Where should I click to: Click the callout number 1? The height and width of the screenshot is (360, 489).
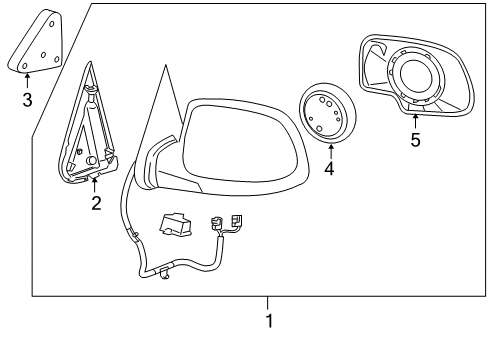coord(267,321)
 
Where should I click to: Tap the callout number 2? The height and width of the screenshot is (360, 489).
coord(96,204)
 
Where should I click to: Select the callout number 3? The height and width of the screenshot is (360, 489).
coord(27,99)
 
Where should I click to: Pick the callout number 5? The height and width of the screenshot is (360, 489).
coord(415,140)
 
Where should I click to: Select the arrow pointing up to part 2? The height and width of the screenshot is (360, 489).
coord(96,183)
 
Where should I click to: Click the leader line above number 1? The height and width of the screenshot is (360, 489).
coord(267,304)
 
